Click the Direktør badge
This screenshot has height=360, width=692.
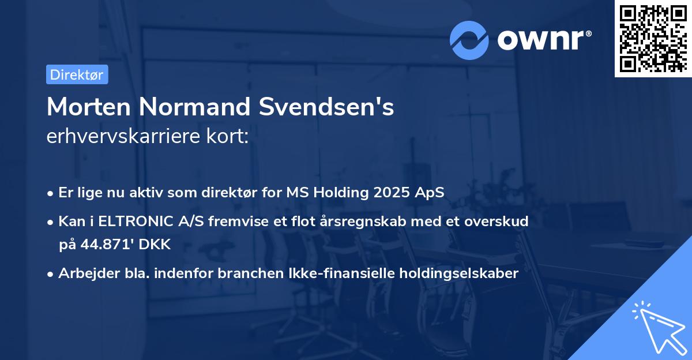pyautogui.click(x=77, y=74)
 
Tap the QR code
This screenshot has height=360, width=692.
pyautogui.click(x=652, y=38)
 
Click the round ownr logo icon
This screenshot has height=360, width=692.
pyautogui.click(x=469, y=40)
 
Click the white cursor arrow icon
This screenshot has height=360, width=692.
pyautogui.click(x=659, y=328)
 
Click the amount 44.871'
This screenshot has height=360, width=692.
pyautogui.click(x=107, y=244)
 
